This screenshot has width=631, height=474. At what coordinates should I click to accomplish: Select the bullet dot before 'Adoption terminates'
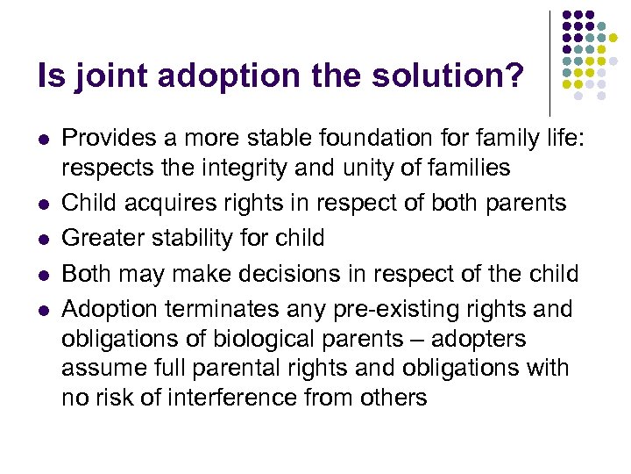pos(43,311)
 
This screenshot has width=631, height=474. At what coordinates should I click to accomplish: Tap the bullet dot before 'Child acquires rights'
pos(43,204)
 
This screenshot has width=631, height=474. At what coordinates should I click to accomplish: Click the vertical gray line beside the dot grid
pos(549,61)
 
